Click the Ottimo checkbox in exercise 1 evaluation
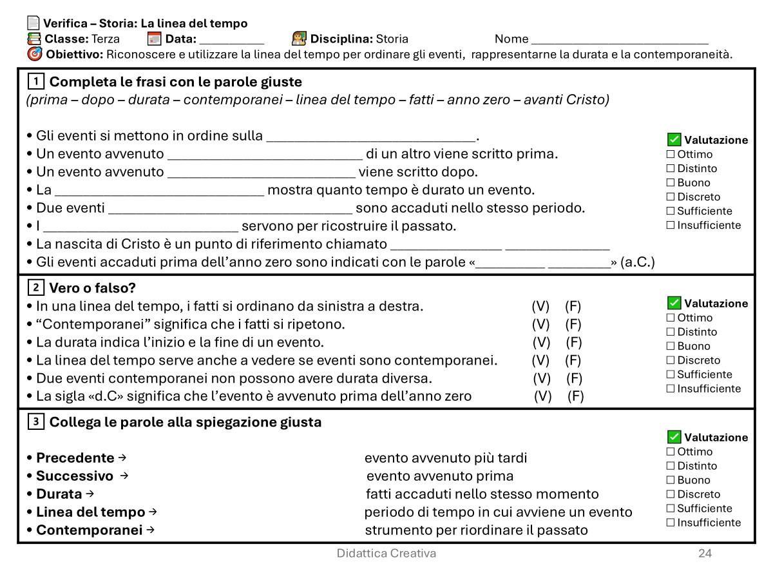pyautogui.click(x=671, y=154)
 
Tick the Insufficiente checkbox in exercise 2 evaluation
pyautogui.click(x=671, y=389)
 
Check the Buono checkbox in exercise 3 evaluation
pyautogui.click(x=671, y=480)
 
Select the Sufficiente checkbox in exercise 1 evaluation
pyautogui.click(x=671, y=211)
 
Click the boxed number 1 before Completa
pyautogui.click(x=36, y=82)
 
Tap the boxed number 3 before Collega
pyautogui.click(x=36, y=422)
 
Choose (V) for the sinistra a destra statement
pyautogui.click(x=540, y=306)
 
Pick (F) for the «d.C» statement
pyautogui.click(x=575, y=396)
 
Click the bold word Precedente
pyautogui.click(x=75, y=458)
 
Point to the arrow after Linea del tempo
pyautogui.click(x=153, y=512)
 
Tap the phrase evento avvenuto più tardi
pyautogui.click(x=446, y=458)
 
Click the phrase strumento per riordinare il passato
pyautogui.click(x=476, y=530)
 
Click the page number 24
pyautogui.click(x=705, y=553)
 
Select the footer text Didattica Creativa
pyautogui.click(x=386, y=553)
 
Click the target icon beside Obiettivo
pyautogui.click(x=35, y=54)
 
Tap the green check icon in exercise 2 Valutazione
pyautogui.click(x=674, y=303)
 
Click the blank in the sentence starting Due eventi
pyautogui.click(x=230, y=209)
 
